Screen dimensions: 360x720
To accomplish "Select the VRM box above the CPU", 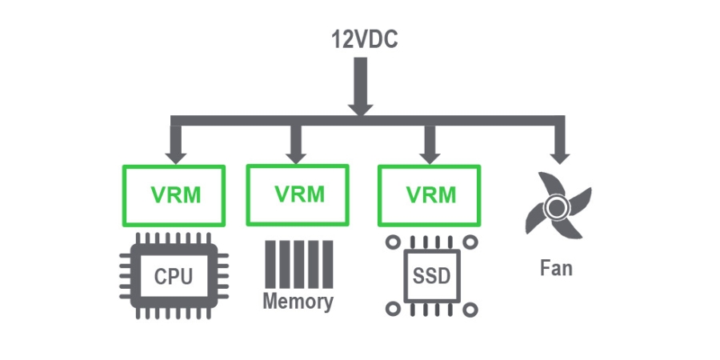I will click(174, 195).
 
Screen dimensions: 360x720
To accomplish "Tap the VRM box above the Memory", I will click(298, 194).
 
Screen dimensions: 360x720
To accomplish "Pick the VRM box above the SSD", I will click(430, 195).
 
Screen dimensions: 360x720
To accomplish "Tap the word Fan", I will click(556, 266).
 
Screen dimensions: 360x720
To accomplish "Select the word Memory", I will click(298, 302).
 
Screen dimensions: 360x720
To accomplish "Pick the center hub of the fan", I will click(554, 210).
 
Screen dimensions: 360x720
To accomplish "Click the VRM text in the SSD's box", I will click(430, 195).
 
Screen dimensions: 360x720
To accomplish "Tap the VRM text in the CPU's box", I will click(174, 195).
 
